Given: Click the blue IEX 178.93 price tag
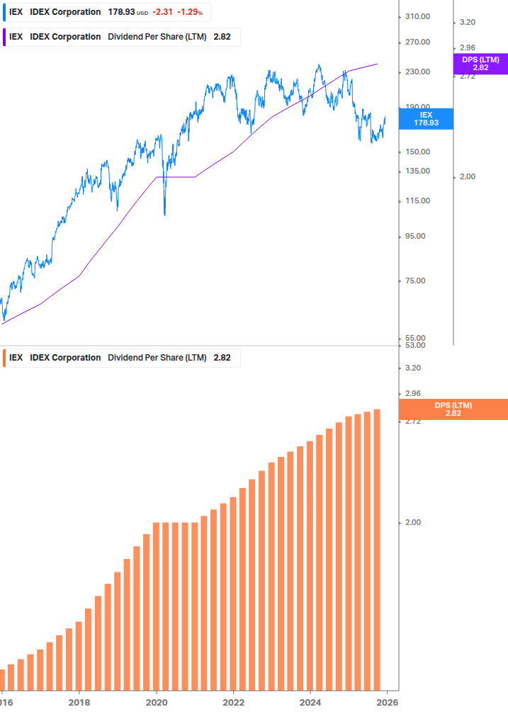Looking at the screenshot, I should pos(426,118).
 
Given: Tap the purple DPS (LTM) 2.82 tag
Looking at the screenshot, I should pos(480,64).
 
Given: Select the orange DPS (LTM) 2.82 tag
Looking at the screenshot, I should pos(453,409).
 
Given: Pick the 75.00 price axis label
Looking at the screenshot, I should pos(418,281).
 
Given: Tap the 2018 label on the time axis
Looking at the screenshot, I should pos(79,702).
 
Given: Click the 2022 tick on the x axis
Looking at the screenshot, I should pos(233,702).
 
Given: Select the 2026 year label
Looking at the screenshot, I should pos(386,702).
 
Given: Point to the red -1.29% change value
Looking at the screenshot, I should pos(190,12).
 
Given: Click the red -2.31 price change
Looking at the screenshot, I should pos(162,12).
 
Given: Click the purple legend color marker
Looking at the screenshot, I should pos(5,37).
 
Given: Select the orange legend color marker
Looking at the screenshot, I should pos(5,358).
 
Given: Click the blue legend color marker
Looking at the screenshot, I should pos(5,12).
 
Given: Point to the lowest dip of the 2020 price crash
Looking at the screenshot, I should pos(164,214).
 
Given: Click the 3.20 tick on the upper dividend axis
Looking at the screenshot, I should pos(467,22).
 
